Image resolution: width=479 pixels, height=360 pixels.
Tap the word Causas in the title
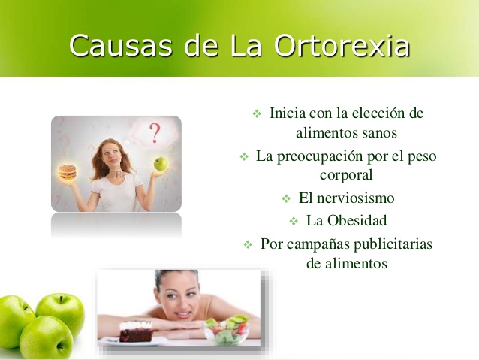(116, 46)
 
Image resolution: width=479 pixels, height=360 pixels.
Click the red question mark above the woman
(155, 133)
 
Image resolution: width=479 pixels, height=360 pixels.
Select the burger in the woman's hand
(68, 172)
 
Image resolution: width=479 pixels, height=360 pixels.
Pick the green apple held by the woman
(160, 163)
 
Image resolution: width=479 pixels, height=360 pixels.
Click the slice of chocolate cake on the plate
(135, 331)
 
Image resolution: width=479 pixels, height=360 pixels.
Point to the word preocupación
(327, 156)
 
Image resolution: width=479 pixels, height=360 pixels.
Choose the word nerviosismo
(357, 199)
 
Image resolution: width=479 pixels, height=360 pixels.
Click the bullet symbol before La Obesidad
(294, 222)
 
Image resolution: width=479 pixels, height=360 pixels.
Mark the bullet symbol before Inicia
(256, 114)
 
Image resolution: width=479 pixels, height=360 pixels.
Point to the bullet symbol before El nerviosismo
(285, 200)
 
